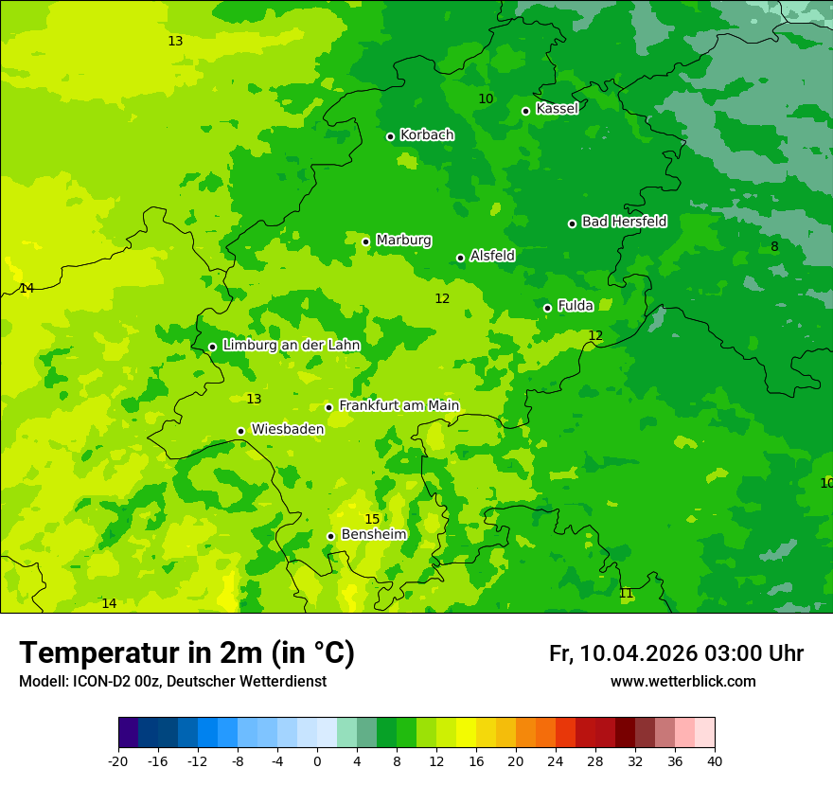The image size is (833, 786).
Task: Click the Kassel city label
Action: pyautogui.click(x=557, y=109)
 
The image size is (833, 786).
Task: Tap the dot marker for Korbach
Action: pyautogui.click(x=390, y=136)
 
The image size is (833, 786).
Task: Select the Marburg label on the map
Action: pyautogui.click(x=403, y=241)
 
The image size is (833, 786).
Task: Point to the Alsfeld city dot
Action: pyautogui.click(x=460, y=258)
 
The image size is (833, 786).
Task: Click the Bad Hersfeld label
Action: pyautogui.click(x=624, y=222)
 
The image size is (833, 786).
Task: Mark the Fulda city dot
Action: pyautogui.click(x=547, y=308)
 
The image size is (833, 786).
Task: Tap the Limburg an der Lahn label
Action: pyautogui.click(x=291, y=346)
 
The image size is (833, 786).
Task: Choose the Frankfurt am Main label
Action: pyautogui.click(x=399, y=406)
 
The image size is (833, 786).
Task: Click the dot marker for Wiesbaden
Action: pyautogui.click(x=240, y=431)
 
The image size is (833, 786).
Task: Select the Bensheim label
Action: pyautogui.click(x=373, y=535)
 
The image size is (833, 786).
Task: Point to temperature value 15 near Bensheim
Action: pyautogui.click(x=372, y=519)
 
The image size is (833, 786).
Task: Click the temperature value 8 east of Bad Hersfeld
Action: pyautogui.click(x=774, y=246)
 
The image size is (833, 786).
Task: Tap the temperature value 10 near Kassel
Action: pyautogui.click(x=486, y=98)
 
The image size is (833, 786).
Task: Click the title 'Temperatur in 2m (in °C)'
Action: pyautogui.click(x=186, y=653)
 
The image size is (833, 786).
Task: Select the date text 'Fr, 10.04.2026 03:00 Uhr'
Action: pyautogui.click(x=676, y=653)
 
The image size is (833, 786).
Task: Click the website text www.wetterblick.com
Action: pyautogui.click(x=682, y=682)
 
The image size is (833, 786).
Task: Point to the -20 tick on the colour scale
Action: pyautogui.click(x=118, y=760)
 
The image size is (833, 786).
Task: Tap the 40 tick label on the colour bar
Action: pyautogui.click(x=714, y=760)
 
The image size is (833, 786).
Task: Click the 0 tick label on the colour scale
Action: pyautogui.click(x=317, y=760)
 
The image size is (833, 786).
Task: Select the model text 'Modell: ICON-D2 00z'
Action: pyautogui.click(x=90, y=682)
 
